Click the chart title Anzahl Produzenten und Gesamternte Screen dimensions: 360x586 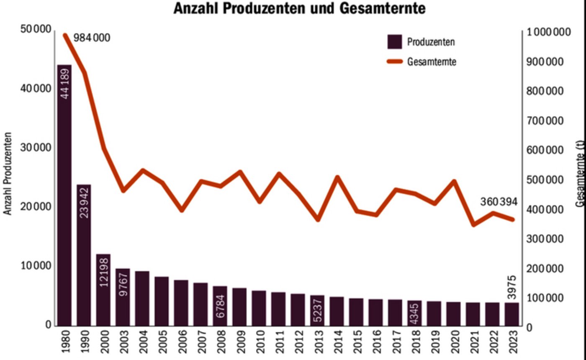[x=299, y=8]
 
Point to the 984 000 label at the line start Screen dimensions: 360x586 [x=92, y=38]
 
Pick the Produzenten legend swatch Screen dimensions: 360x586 [x=394, y=42]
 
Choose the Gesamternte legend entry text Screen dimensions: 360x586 [x=431, y=62]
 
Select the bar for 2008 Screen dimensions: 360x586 [x=220, y=306]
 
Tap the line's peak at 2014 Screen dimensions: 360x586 [x=337, y=177]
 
